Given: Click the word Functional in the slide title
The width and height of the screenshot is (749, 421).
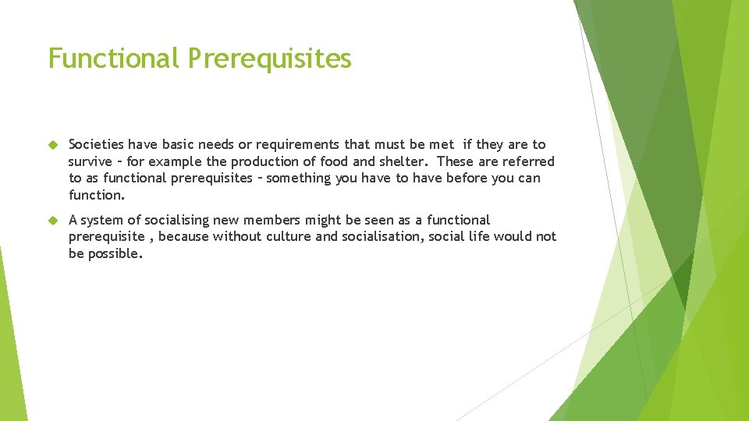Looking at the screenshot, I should coord(114,58).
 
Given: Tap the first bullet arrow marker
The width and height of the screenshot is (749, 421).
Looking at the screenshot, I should coord(54,145).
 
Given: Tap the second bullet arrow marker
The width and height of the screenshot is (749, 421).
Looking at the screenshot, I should coord(54,221).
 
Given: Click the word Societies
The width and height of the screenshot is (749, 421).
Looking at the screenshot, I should coord(96,144).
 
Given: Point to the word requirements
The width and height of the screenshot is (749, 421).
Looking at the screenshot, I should coord(321,145).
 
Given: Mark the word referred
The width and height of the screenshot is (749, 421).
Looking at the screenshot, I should coord(531,161).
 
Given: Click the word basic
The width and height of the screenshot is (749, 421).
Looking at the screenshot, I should coord(178,144).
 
